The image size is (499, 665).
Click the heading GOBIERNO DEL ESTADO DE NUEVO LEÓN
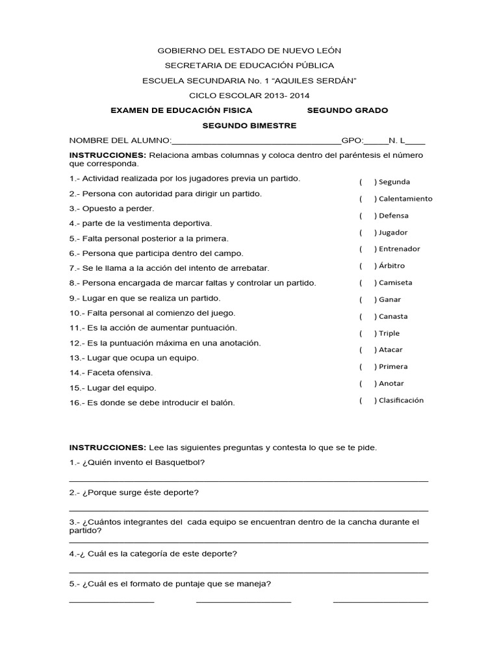click(249, 50)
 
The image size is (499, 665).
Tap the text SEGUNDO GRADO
click(347, 110)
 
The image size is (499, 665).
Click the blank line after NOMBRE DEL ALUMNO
click(256, 141)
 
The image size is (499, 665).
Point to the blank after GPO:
click(376, 141)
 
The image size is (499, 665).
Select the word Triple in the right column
click(389, 333)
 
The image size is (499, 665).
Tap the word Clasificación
click(401, 400)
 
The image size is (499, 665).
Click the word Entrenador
click(399, 249)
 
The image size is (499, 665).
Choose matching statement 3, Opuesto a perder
click(112, 208)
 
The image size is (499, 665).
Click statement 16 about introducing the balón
click(152, 403)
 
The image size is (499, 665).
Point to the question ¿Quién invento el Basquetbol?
click(137, 462)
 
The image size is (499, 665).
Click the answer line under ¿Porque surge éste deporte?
click(248, 510)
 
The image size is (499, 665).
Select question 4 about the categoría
click(153, 554)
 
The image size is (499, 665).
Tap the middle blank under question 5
click(244, 602)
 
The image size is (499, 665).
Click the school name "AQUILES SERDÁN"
click(318, 81)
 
